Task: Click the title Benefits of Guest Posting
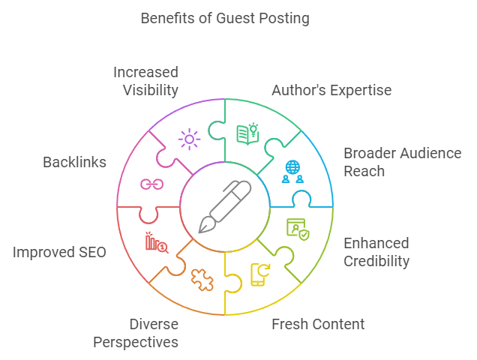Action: [x=225, y=18]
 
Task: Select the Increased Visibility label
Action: [x=145, y=82]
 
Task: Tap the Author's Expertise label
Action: [x=331, y=91]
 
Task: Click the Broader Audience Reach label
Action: [x=402, y=162]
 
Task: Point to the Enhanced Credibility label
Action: [x=376, y=252]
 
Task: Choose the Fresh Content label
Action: [x=318, y=324]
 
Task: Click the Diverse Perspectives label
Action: [x=136, y=333]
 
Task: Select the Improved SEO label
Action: [x=59, y=252]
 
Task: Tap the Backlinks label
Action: [x=74, y=162]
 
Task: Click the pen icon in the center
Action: [x=224, y=206]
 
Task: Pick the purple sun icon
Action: [x=188, y=139]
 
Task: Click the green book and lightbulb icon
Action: [x=247, y=133]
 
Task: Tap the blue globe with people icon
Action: [x=292, y=172]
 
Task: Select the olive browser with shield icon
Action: [x=297, y=229]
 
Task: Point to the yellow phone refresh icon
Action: [x=259, y=274]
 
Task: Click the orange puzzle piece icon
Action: [x=202, y=279]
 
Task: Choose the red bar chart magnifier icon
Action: [x=156, y=242]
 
